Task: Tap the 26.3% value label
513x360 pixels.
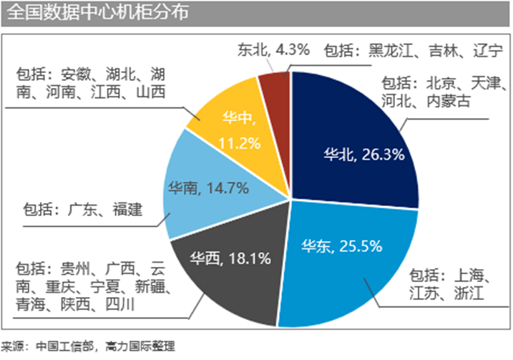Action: pos(383,154)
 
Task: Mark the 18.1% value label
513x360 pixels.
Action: pos(244,256)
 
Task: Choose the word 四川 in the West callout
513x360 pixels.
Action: pos(114,306)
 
